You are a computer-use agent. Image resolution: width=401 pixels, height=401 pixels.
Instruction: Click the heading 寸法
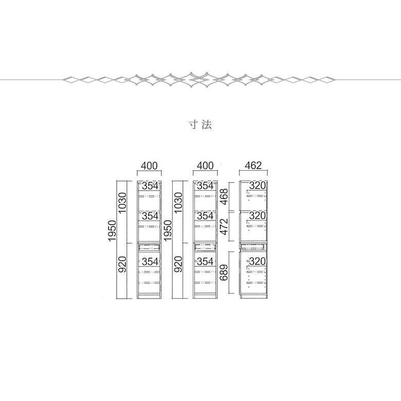200,124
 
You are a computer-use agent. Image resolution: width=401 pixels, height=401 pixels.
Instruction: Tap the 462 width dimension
253,166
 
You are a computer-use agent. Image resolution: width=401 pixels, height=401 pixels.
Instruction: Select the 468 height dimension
224,196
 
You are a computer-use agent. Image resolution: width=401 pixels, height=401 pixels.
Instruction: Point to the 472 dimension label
224,226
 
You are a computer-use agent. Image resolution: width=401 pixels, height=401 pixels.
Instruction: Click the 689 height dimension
224,272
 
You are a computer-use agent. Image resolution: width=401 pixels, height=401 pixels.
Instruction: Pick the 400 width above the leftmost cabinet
149,166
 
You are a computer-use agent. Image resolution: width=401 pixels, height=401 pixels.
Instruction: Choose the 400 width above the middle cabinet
205,166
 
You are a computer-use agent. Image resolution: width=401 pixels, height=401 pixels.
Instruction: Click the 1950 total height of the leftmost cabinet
112,231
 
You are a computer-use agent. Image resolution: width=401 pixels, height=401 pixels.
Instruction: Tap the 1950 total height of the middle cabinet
168,231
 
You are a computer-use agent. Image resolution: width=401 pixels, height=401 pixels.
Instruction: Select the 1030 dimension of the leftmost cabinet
122,203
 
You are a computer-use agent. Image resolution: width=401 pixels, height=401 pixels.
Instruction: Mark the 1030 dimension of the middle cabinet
178,203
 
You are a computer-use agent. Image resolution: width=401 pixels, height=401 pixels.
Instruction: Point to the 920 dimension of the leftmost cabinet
122,264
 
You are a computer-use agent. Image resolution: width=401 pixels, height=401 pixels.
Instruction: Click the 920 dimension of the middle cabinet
178,264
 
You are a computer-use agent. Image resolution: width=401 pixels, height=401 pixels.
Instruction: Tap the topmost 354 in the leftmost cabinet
150,186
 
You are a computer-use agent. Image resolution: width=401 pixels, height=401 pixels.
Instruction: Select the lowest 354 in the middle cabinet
205,261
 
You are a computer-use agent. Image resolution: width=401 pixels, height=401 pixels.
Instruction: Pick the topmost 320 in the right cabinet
258,186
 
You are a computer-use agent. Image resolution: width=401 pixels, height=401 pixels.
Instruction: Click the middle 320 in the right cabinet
258,215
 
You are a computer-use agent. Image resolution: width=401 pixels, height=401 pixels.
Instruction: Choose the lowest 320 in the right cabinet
258,261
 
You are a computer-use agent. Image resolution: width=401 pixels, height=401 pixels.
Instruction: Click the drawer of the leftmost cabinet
149,247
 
